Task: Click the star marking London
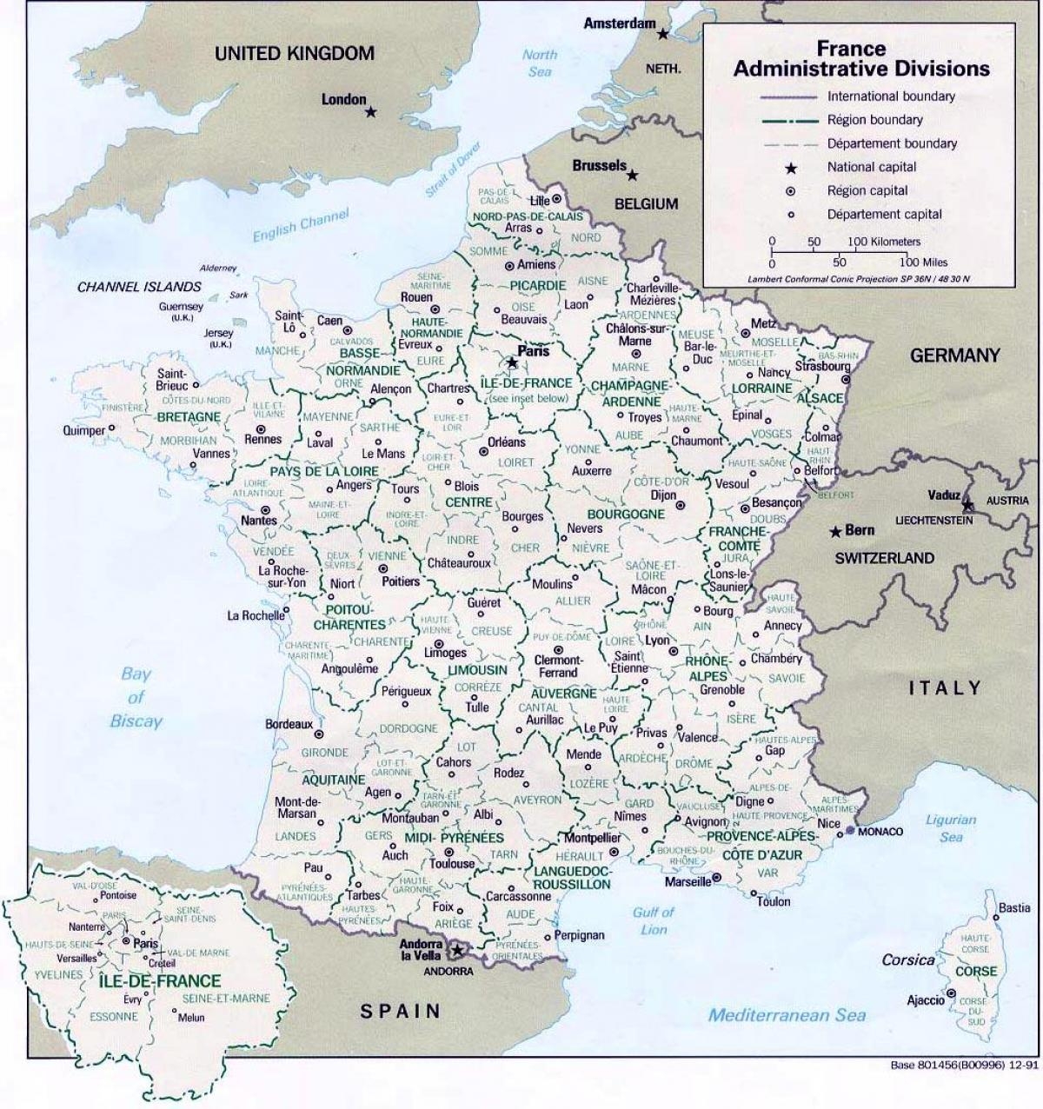pos(371,112)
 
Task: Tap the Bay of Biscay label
pos(136,697)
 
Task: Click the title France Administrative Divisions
pos(860,59)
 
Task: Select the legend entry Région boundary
pos(874,120)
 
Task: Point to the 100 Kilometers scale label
pos(883,242)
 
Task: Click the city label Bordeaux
pos(289,723)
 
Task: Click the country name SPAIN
pos(402,1010)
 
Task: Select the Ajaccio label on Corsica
pos(925,1000)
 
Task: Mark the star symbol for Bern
pos(835,531)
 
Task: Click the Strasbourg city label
pos(822,366)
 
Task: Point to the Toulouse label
pos(451,863)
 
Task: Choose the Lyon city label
pos(657,641)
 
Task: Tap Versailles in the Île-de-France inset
pos(77,958)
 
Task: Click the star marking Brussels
pos(633,175)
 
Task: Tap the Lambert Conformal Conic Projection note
pos(859,279)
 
